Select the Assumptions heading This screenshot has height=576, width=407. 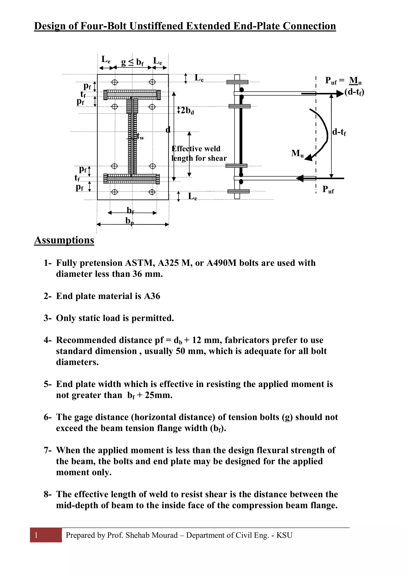click(64, 240)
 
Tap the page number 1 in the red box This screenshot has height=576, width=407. click(36, 535)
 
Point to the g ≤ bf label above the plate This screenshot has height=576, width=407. click(132, 62)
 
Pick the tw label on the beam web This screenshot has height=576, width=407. click(141, 136)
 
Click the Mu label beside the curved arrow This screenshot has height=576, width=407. click(297, 153)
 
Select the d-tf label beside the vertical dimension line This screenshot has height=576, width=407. click(339, 132)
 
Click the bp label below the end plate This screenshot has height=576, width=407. click(130, 221)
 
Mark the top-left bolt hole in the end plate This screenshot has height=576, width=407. click(115, 82)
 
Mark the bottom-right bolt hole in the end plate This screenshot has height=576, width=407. click(152, 192)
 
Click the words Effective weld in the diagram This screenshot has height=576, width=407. click(196, 149)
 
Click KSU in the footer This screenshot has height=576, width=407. click(284, 535)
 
